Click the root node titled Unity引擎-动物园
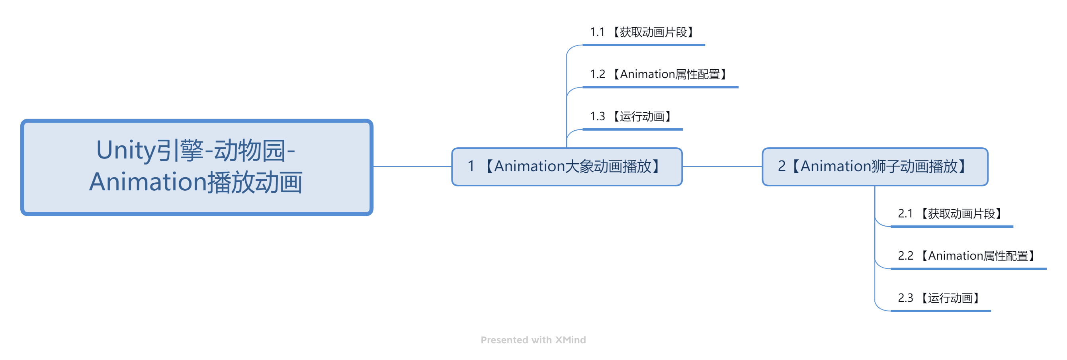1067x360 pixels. (x=197, y=167)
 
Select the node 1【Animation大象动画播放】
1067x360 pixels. (x=567, y=166)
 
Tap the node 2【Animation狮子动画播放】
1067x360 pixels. (x=875, y=166)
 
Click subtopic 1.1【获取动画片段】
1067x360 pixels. (x=643, y=32)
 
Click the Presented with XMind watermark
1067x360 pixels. (x=533, y=340)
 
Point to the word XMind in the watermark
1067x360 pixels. (x=571, y=340)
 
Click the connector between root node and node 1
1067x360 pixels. (x=412, y=166)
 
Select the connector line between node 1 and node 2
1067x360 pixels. (x=722, y=166)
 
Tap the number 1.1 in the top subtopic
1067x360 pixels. (x=597, y=32)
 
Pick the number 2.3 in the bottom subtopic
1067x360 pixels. (x=905, y=298)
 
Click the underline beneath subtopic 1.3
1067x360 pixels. (x=633, y=129)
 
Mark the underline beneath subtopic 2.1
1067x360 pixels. (x=952, y=227)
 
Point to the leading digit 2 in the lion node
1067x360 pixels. (x=782, y=166)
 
